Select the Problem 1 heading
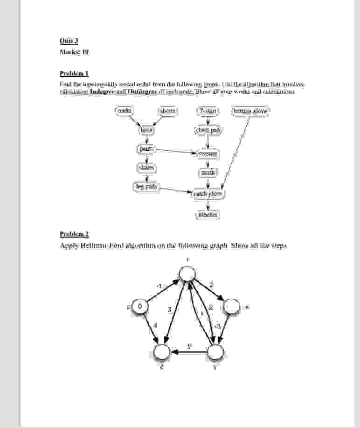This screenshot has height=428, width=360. pos(74,73)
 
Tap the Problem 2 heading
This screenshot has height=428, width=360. pos(74,234)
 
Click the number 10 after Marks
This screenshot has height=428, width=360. pos(85,52)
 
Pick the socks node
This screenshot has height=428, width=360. pos(125,111)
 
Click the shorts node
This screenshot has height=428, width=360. pos(168,111)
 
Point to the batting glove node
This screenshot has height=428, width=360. pos(250,111)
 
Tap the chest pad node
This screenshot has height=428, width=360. pos(208,130)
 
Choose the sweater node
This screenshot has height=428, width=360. pos(208,154)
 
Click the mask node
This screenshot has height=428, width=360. pos(208,173)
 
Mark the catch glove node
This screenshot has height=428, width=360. pos(208,193)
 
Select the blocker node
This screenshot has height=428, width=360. pos(208,215)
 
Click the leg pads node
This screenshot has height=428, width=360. pos(146,187)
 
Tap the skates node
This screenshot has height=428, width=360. pos(146,167)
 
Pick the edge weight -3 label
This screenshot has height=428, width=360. pos(217,326)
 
